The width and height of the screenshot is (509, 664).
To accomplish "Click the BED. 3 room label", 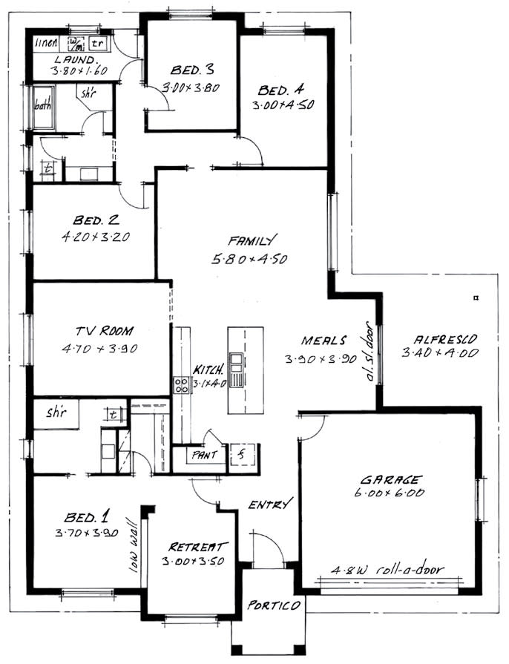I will click(x=191, y=70).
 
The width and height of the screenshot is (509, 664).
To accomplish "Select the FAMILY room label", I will click(x=253, y=240).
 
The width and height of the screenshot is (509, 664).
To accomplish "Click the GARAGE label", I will click(x=391, y=479).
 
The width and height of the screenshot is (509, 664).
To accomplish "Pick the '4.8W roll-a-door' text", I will click(x=389, y=570).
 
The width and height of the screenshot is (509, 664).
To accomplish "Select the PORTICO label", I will click(x=275, y=605).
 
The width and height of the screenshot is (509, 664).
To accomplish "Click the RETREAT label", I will click(x=193, y=546).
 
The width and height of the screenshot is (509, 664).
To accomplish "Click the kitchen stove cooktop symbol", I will click(x=181, y=384).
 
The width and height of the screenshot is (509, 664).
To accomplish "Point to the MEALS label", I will click(x=324, y=341).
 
